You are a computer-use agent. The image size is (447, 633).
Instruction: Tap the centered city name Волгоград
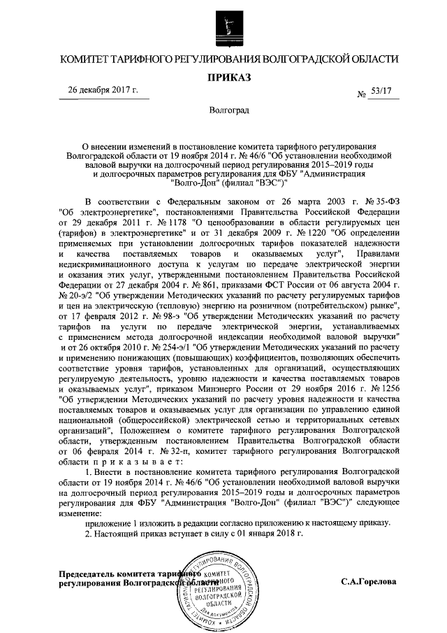pyautogui.click(x=223, y=111)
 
